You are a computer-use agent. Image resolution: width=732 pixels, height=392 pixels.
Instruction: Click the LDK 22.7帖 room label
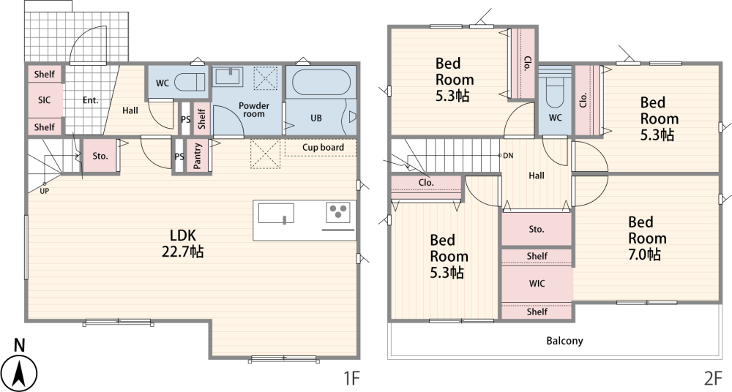(x=182, y=243)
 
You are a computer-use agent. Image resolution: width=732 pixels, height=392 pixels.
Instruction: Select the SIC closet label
(x=45, y=100)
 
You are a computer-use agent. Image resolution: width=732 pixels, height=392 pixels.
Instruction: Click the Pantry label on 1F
(x=198, y=156)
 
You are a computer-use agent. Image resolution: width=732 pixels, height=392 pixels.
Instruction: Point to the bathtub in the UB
(x=321, y=83)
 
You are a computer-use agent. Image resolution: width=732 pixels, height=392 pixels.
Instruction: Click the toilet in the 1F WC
(x=190, y=83)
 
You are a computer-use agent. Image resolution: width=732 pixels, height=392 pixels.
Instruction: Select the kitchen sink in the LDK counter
(x=276, y=214)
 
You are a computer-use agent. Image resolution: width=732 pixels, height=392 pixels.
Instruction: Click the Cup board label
(x=323, y=148)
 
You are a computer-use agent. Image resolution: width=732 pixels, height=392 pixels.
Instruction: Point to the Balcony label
(x=564, y=341)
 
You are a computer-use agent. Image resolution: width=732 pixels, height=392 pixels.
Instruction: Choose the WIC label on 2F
(x=537, y=283)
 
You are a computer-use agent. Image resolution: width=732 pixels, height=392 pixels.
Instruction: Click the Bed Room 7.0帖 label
(x=647, y=238)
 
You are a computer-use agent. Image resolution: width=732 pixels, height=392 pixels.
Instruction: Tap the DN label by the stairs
(x=508, y=155)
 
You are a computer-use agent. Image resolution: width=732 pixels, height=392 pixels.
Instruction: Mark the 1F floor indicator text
(x=352, y=378)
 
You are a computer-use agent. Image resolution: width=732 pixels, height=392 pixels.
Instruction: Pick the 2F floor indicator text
(x=714, y=378)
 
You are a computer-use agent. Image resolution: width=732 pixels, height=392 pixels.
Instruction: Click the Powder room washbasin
(x=228, y=77)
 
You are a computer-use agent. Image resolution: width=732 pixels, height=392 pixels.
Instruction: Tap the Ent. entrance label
(x=91, y=100)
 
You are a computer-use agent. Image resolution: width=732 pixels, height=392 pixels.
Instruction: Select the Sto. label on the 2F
(x=537, y=229)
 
